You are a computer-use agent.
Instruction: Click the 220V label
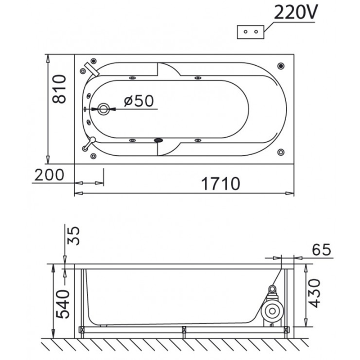pyautogui.click(x=296, y=12)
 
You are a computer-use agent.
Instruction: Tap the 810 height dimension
pyautogui.click(x=59, y=89)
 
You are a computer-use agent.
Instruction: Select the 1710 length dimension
pyautogui.click(x=220, y=184)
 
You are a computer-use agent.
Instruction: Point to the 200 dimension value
pyautogui.click(x=49, y=175)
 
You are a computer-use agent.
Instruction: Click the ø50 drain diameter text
pyautogui.click(x=139, y=101)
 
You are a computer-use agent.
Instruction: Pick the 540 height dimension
pyautogui.click(x=63, y=304)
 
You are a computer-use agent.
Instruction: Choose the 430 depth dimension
pyautogui.click(x=314, y=293)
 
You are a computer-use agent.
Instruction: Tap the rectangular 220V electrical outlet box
pyautogui.click(x=251, y=32)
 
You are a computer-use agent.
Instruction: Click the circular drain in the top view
pyautogui.click(x=103, y=109)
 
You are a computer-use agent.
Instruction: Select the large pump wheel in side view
pyautogui.click(x=272, y=311)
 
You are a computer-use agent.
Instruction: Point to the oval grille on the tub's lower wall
pyautogui.click(x=158, y=140)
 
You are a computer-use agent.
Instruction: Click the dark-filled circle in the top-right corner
pyautogui.click(x=281, y=66)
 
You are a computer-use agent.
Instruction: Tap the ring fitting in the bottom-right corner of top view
pyautogui.click(x=281, y=152)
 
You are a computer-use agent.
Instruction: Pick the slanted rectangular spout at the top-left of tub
pyautogui.click(x=92, y=69)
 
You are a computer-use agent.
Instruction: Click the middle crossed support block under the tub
pyautogui.click(x=184, y=330)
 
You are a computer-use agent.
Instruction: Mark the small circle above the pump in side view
pyautogui.click(x=272, y=288)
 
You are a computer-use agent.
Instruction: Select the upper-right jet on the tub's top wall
pyautogui.click(x=198, y=78)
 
